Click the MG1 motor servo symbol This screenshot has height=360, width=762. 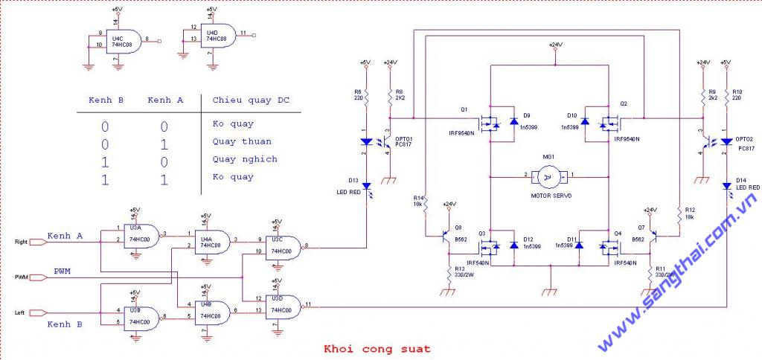(x=548, y=177)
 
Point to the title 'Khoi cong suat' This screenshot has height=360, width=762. (x=377, y=347)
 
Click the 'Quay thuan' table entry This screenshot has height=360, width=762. (x=242, y=141)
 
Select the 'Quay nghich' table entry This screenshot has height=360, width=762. (x=245, y=159)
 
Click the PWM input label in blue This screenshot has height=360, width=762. (x=62, y=271)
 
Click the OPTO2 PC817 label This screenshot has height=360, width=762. (x=744, y=143)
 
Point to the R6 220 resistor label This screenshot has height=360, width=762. (x=359, y=94)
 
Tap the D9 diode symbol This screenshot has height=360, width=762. (x=513, y=122)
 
